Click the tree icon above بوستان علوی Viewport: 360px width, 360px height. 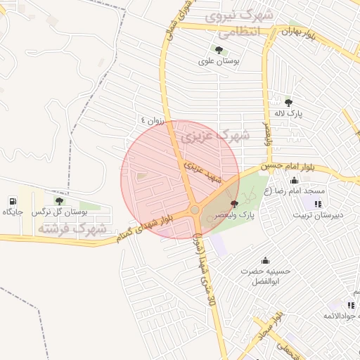[219, 50]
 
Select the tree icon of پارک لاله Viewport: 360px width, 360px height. [288, 103]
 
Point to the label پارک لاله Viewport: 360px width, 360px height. [288, 113]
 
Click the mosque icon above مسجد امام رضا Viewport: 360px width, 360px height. [294, 181]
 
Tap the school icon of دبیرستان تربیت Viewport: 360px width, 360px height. [318, 203]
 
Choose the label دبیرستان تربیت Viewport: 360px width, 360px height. [318, 214]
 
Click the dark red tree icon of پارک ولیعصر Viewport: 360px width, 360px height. [234, 203]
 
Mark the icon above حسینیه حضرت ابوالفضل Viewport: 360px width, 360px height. [265, 260]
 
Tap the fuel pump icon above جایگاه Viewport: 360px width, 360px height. [13, 200]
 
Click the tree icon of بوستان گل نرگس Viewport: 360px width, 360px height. [59, 201]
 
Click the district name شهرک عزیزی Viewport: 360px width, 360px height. [210, 135]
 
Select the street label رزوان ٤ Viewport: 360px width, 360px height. [151, 120]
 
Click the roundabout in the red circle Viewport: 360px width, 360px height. [194, 210]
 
